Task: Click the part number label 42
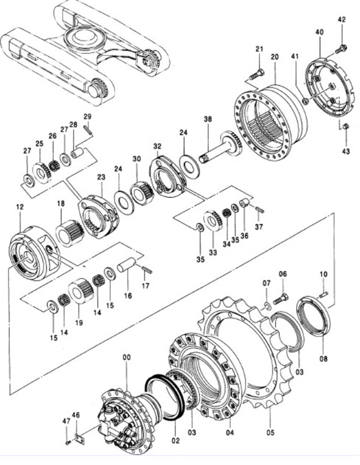point(342,20)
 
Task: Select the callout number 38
point(208,119)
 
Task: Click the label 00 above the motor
point(127,357)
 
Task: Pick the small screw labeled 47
point(68,443)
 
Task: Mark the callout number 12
point(20,208)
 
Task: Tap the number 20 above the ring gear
point(275,56)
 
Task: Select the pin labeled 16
point(128,262)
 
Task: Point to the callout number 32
point(157,145)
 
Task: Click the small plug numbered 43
point(345,126)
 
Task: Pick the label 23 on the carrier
point(102,177)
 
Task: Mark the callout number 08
point(323,359)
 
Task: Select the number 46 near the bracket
point(76,415)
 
